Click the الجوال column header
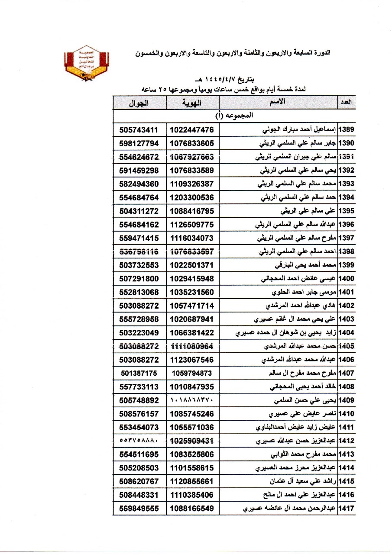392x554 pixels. (x=139, y=103)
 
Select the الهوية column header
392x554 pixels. (x=192, y=103)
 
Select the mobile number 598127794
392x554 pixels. (x=139, y=143)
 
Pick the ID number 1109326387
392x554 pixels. (x=192, y=184)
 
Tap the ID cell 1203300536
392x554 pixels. (x=192, y=197)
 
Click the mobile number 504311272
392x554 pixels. (x=139, y=211)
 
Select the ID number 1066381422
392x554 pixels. (x=192, y=332)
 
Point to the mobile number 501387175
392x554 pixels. (x=139, y=373)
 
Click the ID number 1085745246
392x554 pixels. (x=192, y=414)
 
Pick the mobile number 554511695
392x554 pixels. (x=139, y=454)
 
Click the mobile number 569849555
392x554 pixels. (x=139, y=508)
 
